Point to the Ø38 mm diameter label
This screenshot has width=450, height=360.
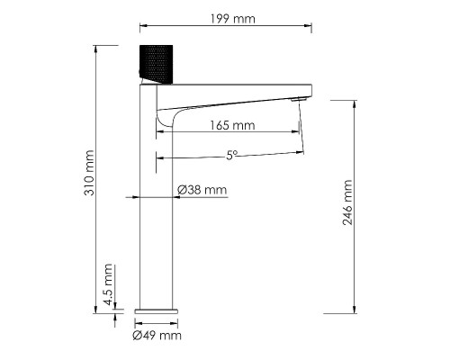202,190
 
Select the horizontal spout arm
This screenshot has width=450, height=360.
234,90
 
